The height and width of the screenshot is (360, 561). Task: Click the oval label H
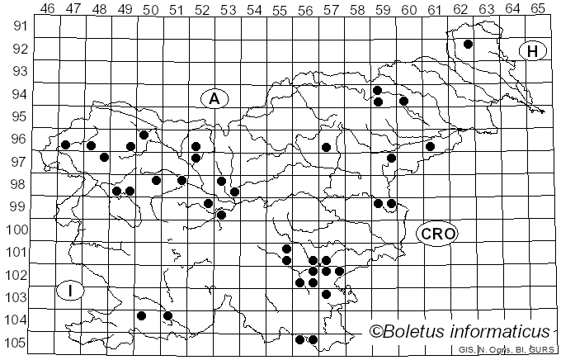(533, 51)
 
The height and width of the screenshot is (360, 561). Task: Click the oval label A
(214, 98)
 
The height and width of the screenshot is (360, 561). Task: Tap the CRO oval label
(436, 233)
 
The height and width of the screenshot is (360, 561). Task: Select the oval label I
(71, 290)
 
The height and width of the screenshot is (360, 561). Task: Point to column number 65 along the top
(537, 9)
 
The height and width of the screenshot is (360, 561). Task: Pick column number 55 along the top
(279, 9)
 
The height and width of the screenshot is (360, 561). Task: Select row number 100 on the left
(16, 230)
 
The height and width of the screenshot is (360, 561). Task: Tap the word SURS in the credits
(542, 350)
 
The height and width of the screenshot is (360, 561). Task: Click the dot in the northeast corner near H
(468, 45)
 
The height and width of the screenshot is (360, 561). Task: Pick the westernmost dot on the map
(65, 144)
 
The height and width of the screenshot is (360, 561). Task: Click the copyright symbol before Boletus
(375, 332)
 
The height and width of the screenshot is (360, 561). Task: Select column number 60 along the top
(408, 9)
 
